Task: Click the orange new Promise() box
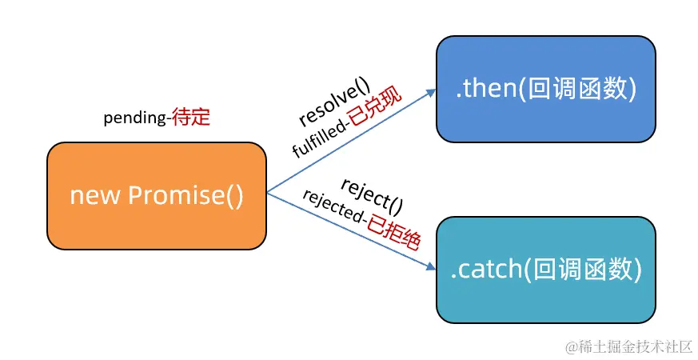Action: pos(157,195)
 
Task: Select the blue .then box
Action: pos(545,90)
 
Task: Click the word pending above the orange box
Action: pos(135,118)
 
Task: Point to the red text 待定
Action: pos(191,118)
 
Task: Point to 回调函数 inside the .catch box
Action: pos(582,270)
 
